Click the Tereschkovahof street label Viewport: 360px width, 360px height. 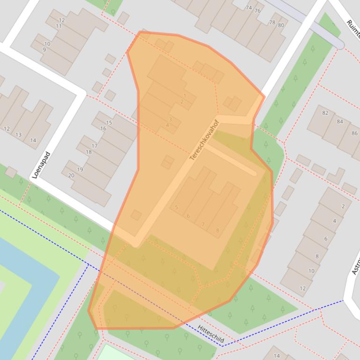coord(204,140)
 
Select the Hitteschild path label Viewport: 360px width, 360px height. coord(210,334)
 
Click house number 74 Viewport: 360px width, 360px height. coord(249,7)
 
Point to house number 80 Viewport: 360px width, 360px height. coord(281,25)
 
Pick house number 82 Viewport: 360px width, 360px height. coord(325,113)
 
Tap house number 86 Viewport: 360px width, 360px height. coord(354,133)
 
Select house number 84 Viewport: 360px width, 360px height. coord(340,122)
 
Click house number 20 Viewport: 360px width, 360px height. coord(71,175)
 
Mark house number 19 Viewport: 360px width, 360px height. coord(80,169)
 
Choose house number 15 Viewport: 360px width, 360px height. coord(109,122)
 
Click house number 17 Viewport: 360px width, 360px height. coord(95,146)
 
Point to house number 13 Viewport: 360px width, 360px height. coord(18,135)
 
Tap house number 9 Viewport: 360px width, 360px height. coord(44,50)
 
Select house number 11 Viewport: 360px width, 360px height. coord(59,26)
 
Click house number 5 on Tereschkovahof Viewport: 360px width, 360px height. coord(176,207)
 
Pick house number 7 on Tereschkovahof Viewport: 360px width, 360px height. coord(203,224)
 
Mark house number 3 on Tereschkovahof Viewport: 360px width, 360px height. coord(170,119)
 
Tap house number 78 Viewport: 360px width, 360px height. coord(272,22)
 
